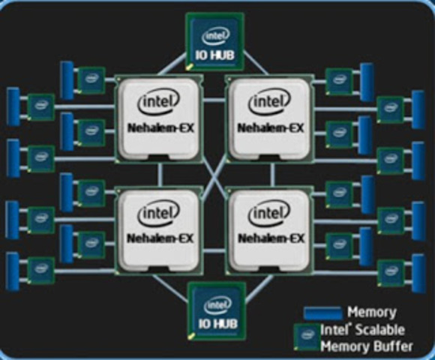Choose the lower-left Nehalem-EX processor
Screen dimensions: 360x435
click(157, 229)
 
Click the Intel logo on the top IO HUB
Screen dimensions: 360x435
click(216, 34)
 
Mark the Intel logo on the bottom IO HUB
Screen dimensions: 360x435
click(216, 304)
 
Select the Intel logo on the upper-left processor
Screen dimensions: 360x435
click(157, 102)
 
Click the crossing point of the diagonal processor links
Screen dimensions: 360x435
click(214, 174)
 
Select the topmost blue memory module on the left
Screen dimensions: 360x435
click(67, 79)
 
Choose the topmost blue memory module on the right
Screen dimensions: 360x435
click(367, 78)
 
